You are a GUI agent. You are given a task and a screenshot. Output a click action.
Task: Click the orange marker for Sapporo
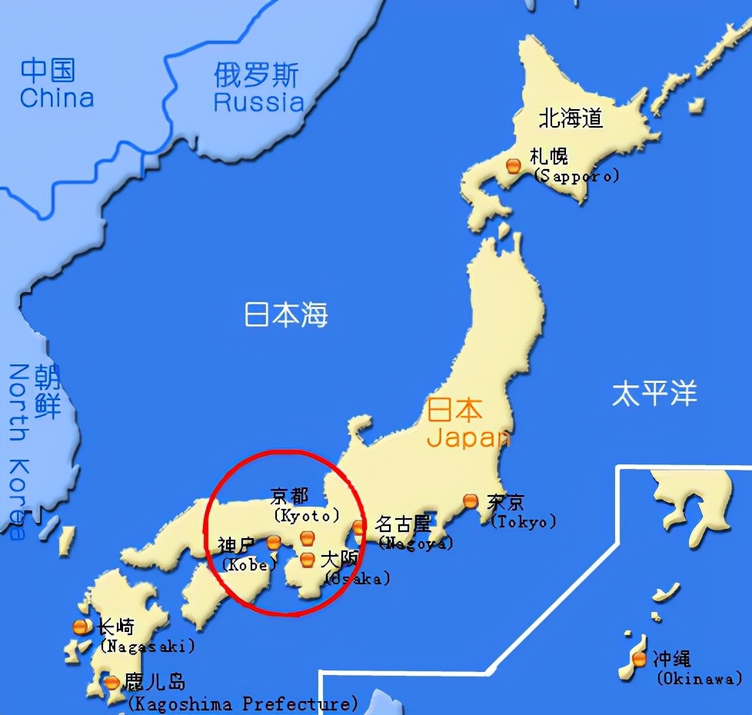click(x=514, y=165)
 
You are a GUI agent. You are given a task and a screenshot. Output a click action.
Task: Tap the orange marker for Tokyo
click(x=471, y=500)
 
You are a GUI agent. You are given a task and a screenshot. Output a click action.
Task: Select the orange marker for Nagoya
click(x=359, y=527)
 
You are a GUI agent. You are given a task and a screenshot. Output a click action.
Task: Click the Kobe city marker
click(x=273, y=543)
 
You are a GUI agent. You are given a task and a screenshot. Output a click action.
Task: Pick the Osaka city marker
click(x=308, y=559)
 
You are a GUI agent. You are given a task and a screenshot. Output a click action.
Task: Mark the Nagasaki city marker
click(x=79, y=627)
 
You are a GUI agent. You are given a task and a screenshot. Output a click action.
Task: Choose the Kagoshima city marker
click(x=112, y=682)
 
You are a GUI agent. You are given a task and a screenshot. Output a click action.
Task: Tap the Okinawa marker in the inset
click(x=639, y=659)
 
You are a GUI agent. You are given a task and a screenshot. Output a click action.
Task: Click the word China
click(x=57, y=98)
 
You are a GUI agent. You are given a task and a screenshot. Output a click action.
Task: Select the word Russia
click(x=258, y=101)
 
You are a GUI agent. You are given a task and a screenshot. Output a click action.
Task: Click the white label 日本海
click(x=286, y=315)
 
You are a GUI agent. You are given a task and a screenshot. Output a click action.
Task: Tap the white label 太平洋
click(x=654, y=394)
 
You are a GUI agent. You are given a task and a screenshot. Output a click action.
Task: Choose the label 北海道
click(x=571, y=118)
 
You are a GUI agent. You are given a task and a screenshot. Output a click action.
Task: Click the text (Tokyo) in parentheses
click(x=523, y=521)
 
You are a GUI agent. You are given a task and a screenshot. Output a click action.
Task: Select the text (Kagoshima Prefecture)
click(x=242, y=703)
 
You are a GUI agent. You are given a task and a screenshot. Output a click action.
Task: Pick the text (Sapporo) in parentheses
click(x=576, y=176)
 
